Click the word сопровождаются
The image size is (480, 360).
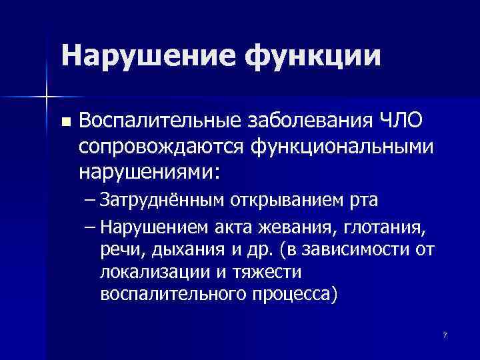coord(159,146)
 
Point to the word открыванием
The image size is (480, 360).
coord(289,199)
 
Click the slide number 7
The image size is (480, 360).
coord(444,333)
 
